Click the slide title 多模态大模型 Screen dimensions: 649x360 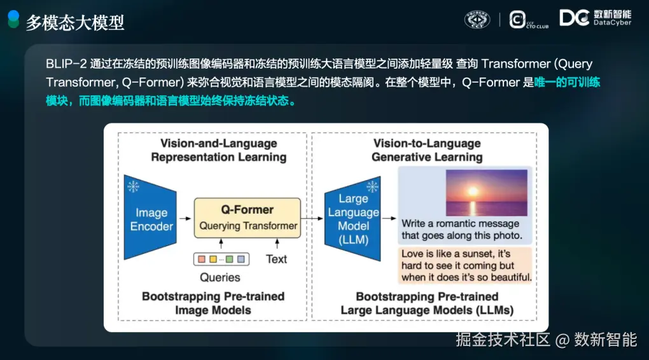(75, 22)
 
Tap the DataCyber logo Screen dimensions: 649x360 (595, 18)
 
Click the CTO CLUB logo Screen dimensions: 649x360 (529, 20)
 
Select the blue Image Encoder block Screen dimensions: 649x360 (150, 218)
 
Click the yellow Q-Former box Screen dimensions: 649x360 (248, 218)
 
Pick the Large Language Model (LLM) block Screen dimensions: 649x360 (352, 219)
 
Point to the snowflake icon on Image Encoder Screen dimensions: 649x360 (133, 186)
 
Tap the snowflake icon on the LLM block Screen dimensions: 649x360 (372, 186)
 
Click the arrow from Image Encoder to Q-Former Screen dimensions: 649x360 (185, 219)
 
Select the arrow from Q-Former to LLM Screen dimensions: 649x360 (312, 219)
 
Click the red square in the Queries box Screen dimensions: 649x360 (202, 259)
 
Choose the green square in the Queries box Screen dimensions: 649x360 (229, 259)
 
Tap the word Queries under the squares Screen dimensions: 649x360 (220, 277)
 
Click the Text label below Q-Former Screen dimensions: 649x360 (276, 259)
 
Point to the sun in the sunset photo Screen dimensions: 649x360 (473, 191)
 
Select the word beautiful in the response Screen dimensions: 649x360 (510, 277)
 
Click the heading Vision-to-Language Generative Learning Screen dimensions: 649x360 (427, 150)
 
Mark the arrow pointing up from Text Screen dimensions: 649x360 (277, 244)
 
